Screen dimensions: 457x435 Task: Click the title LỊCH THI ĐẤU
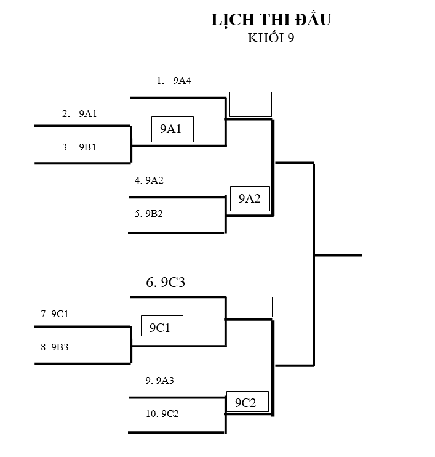coord(271,20)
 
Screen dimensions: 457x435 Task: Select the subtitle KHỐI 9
coord(271,38)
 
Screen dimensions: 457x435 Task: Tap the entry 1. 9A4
coord(175,80)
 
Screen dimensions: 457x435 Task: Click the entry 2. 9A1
coord(79,114)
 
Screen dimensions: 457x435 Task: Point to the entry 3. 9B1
coord(79,147)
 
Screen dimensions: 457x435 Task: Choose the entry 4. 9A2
coord(150,180)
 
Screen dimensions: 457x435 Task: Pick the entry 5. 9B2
coord(150,214)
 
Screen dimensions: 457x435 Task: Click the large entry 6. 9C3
coord(166,283)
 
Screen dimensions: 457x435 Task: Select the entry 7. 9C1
coord(55,314)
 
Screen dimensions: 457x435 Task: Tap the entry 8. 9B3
coord(55,347)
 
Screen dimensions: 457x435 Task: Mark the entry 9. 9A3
coord(160,381)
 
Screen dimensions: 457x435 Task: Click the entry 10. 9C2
coord(162,414)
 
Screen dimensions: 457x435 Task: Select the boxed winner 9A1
coord(172,129)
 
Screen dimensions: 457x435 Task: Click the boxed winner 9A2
coord(250,198)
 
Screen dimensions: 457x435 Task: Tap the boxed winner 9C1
coord(162,326)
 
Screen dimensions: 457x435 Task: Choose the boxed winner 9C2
coord(247,402)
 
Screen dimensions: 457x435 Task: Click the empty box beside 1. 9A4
coord(250,104)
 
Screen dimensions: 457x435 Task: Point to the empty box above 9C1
coord(251,307)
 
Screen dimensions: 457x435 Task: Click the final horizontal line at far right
coord(338,255)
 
